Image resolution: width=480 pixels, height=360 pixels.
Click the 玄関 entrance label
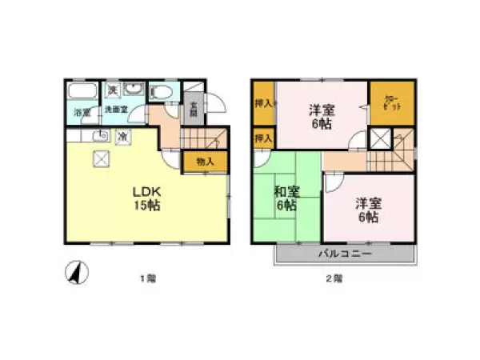coord(192,106)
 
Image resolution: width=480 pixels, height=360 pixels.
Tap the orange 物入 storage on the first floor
coord(204,162)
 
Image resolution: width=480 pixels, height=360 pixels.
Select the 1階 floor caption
coord(148,278)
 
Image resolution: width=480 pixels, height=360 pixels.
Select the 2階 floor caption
coord(334,278)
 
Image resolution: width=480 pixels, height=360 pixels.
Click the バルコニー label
coord(345,254)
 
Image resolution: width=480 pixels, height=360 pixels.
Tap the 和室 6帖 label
coord(286,198)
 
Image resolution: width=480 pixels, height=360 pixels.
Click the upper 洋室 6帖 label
coord(322,118)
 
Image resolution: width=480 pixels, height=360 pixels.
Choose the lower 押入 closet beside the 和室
coord(263,138)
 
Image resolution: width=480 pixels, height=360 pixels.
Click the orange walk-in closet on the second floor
coord(392,104)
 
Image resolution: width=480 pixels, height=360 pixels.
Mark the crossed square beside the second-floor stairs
coord(380,139)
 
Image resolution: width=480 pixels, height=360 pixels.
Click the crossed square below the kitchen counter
coord(103,159)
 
